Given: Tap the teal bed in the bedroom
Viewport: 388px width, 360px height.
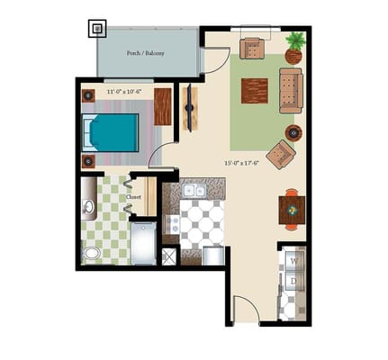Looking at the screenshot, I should tap(113, 132).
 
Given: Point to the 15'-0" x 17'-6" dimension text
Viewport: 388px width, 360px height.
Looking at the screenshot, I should tap(241, 163).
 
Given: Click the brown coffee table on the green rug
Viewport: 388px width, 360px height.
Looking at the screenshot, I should tap(253, 91).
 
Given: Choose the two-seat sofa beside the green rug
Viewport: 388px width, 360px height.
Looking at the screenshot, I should tap(291, 90).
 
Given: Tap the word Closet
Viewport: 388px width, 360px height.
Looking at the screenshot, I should tap(134, 196).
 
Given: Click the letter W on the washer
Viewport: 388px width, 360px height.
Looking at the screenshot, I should tap(292, 261).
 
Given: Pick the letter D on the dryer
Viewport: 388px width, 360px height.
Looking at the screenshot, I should tap(292, 282).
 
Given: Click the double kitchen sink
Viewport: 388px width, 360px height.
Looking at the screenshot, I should tap(194, 190).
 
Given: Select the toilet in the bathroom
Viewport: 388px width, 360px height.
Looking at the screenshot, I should tap(93, 253).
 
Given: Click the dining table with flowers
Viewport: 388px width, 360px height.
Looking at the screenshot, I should tap(291, 209).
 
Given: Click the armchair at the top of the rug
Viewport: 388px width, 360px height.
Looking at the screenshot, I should tap(252, 48).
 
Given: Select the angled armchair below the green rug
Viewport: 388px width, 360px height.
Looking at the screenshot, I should tap(280, 155).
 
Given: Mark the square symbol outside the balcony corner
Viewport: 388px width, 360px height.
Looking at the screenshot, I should tap(97, 29).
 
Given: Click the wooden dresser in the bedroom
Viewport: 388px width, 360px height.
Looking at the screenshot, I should tap(163, 106).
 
